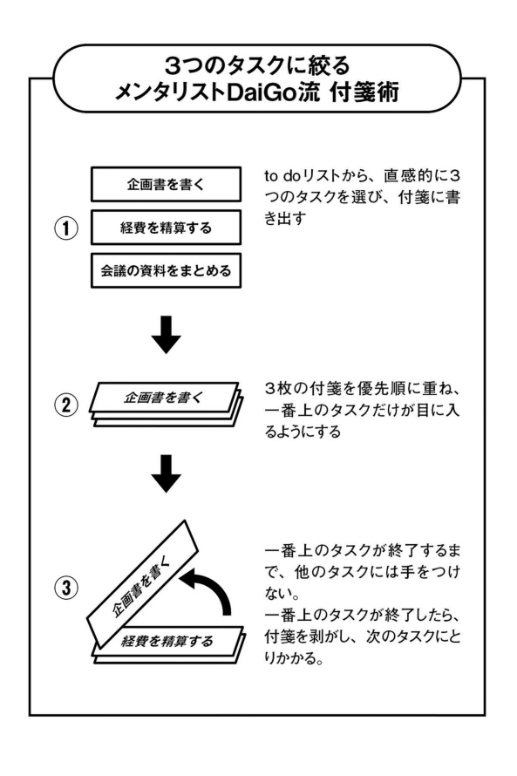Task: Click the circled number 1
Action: tap(65, 228)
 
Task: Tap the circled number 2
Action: tap(65, 405)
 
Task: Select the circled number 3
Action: tap(65, 589)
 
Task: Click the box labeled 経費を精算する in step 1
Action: tap(166, 228)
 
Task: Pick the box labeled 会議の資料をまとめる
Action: tap(166, 270)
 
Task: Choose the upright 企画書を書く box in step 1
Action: tap(166, 184)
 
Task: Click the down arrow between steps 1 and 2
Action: tap(166, 335)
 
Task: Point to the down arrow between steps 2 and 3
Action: tap(166, 473)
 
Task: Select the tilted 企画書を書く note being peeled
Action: tap(142, 584)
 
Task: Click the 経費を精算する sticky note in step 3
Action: tap(168, 642)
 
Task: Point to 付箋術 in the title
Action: tap(364, 92)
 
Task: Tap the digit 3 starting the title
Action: tap(172, 65)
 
